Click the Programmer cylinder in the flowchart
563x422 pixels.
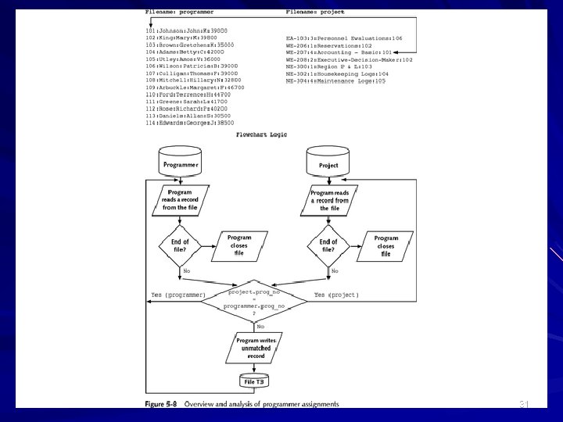(181, 163)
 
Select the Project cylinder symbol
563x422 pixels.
(328, 164)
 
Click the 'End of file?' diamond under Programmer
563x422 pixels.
(180, 245)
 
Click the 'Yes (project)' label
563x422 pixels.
(336, 295)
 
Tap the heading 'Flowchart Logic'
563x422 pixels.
(261, 134)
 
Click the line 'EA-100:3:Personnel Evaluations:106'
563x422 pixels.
(344, 38)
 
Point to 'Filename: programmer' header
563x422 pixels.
(180, 13)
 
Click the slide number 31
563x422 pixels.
(525, 403)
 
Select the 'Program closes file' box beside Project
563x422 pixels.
(385, 245)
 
